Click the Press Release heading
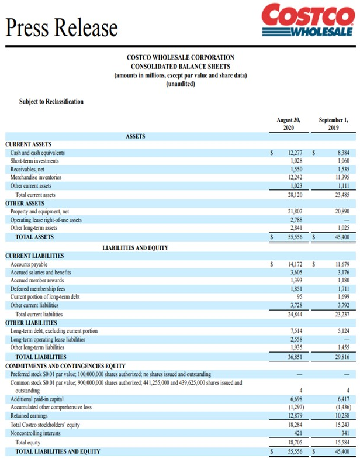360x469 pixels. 61,26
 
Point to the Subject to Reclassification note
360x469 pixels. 51,101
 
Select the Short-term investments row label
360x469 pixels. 34,161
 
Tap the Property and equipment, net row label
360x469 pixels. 44,211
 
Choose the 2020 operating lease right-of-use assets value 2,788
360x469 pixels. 295,220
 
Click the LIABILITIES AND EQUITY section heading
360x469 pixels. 135,248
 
